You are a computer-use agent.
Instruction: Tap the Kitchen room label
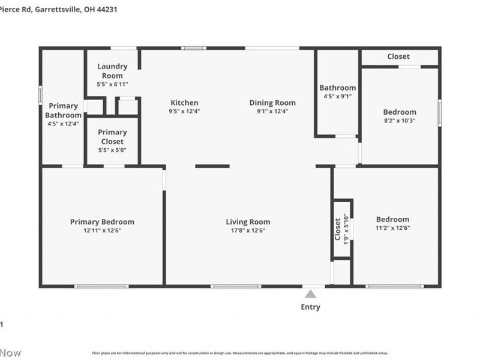[x=184, y=103]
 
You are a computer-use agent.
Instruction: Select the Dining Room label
[x=272, y=103]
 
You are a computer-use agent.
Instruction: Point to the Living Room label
[x=248, y=221]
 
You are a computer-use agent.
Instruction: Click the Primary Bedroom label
[x=102, y=221]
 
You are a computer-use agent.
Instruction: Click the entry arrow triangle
[x=310, y=294]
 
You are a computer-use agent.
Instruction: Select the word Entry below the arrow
[x=310, y=307]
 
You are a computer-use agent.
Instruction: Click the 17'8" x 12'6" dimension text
[x=248, y=230]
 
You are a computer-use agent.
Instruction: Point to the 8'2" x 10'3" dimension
[x=400, y=121]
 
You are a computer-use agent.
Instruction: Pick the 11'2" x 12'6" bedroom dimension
[x=392, y=228]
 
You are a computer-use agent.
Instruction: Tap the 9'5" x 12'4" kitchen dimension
[x=184, y=111]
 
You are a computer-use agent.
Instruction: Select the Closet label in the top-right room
[x=398, y=56]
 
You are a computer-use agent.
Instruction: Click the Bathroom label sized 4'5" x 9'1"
[x=337, y=88]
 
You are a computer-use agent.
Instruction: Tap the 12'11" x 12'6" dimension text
[x=102, y=230]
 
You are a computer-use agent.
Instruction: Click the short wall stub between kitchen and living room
[x=212, y=166]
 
